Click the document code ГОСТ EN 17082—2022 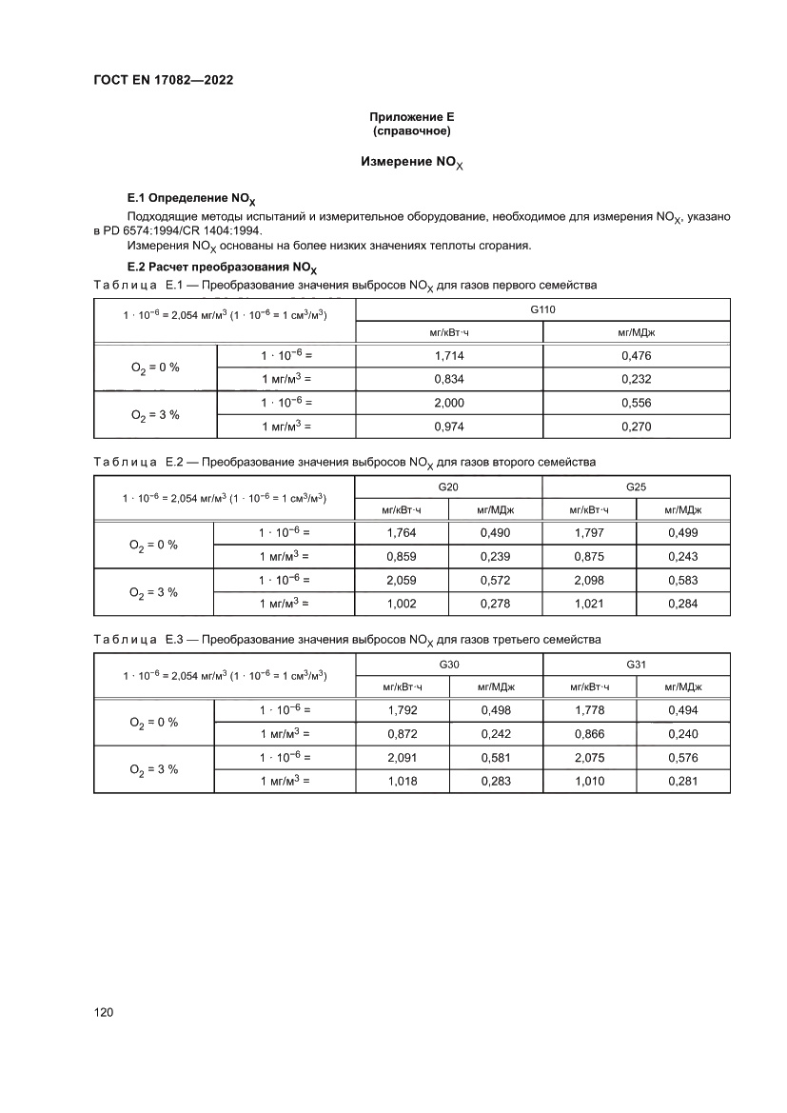[x=163, y=80]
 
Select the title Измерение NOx [x=411, y=163]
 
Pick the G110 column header [x=542, y=310]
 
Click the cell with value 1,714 [x=448, y=355]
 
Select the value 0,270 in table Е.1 [x=636, y=427]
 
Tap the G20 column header [x=448, y=487]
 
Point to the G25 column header [x=636, y=487]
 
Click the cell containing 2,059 [x=402, y=580]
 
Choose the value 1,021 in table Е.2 [x=589, y=604]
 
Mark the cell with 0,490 [x=495, y=532]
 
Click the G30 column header [x=448, y=665]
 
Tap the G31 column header [x=636, y=665]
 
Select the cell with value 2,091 [x=402, y=757]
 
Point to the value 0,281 [x=683, y=781]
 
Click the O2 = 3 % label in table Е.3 [x=154, y=769]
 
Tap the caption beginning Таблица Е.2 [x=344, y=463]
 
